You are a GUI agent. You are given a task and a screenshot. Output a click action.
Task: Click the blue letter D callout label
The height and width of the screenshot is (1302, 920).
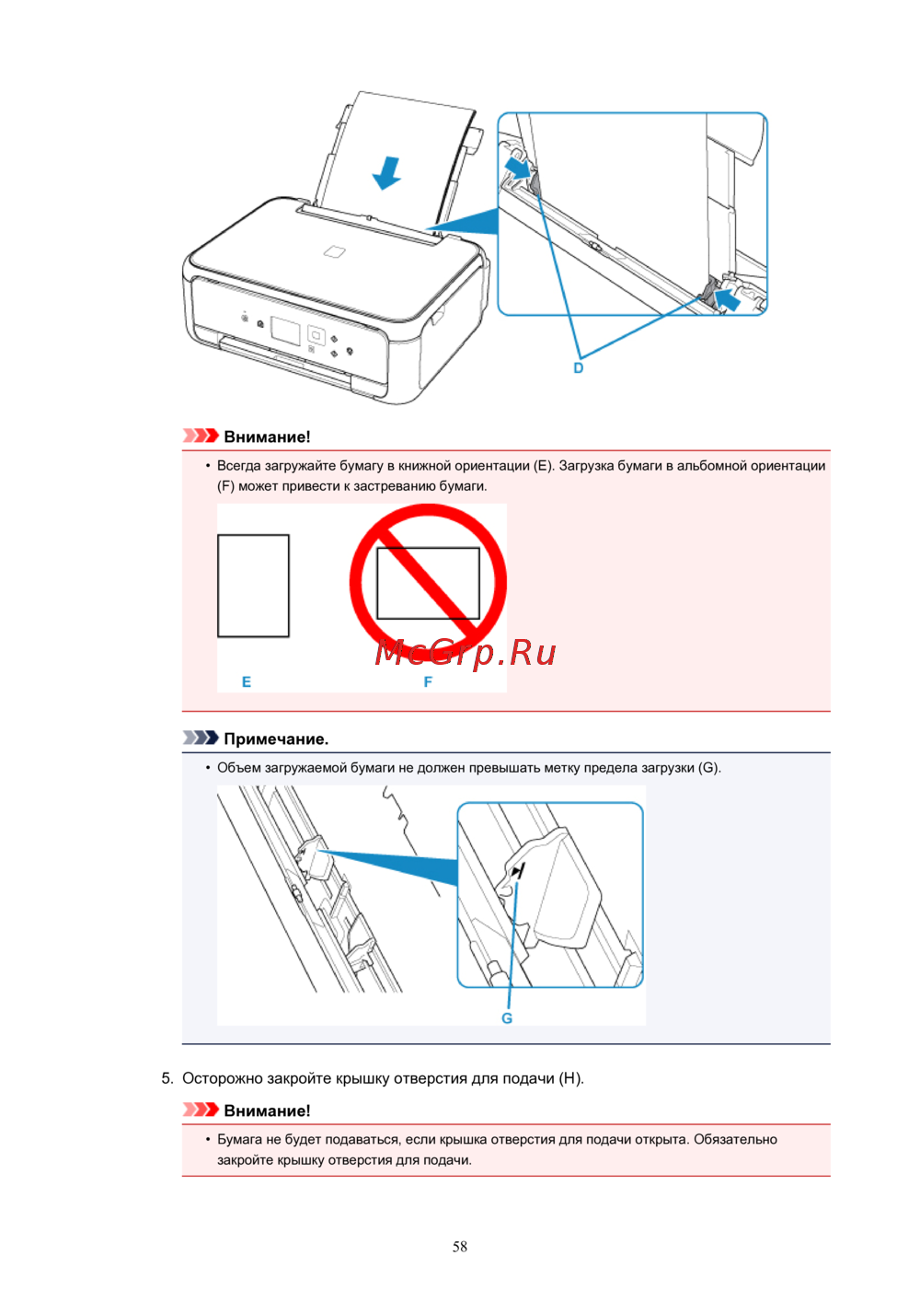click(579, 368)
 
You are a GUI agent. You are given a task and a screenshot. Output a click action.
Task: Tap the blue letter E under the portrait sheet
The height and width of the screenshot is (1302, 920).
click(247, 681)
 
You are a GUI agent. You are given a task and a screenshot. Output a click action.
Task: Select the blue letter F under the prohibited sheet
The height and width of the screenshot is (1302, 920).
click(428, 681)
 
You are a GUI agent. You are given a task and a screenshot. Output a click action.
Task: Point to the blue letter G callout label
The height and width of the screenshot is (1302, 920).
click(507, 1018)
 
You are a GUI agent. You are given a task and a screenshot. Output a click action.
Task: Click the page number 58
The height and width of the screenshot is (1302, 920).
click(460, 1246)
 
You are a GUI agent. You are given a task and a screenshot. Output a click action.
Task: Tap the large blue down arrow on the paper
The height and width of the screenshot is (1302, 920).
click(387, 172)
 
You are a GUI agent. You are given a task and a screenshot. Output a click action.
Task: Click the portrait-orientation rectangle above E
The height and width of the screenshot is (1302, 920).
click(253, 586)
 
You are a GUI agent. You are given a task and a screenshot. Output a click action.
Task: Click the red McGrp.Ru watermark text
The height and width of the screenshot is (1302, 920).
click(466, 652)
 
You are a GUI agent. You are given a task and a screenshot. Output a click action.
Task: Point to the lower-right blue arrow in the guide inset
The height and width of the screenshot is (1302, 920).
click(727, 299)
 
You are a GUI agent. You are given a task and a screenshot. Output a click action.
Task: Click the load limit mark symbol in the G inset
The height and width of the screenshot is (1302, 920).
click(517, 871)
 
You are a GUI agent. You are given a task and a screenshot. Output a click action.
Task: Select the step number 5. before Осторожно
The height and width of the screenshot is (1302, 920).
click(167, 1079)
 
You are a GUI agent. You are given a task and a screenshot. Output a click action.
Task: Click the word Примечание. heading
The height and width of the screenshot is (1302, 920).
click(276, 739)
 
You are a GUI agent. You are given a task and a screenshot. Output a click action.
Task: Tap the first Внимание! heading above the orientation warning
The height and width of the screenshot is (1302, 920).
click(267, 437)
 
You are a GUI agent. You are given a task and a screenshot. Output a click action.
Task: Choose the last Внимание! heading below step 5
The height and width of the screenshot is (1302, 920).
click(267, 1110)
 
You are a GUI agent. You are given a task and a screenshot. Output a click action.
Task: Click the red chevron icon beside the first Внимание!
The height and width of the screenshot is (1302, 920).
click(201, 436)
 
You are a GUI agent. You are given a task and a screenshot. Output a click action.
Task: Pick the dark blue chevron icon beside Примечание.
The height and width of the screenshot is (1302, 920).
click(201, 738)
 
